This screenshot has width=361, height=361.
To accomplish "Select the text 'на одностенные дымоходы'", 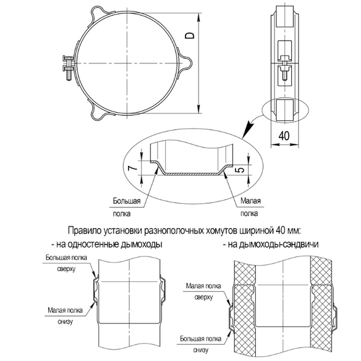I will [108, 243].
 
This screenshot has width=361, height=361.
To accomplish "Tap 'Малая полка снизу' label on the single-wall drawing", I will [63, 315].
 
